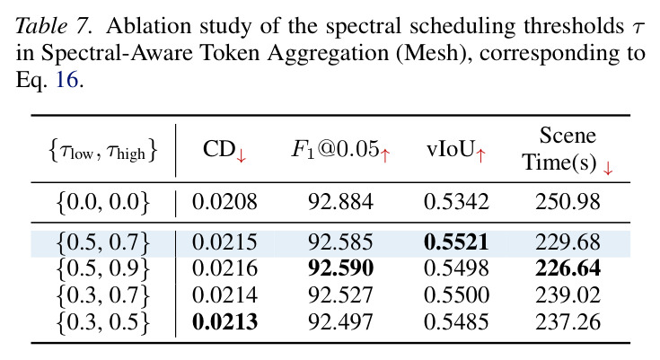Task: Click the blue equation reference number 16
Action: click(67, 79)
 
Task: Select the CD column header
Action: click(224, 150)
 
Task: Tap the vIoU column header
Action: click(456, 150)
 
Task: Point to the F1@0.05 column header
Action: click(341, 150)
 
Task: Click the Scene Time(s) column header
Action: click(568, 149)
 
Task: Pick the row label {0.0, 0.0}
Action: click(103, 203)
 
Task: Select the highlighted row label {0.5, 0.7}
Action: click(103, 243)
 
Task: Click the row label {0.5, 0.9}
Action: click(103, 269)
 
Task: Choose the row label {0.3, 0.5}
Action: click(103, 322)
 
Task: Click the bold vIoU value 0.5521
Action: click(456, 242)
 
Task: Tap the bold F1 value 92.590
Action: click(340, 268)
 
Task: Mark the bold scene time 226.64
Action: click(568, 268)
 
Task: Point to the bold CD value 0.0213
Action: click(224, 322)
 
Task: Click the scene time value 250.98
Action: click(568, 202)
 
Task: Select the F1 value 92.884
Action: click(340, 202)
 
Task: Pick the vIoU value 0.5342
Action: click(456, 202)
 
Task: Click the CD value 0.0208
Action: click(224, 202)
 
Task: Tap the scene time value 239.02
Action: click(568, 295)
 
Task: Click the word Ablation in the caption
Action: click(148, 26)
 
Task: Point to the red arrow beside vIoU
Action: click(480, 155)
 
